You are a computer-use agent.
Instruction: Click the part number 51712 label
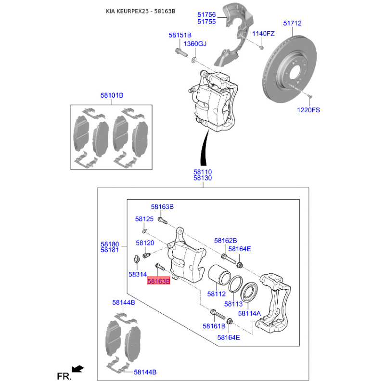click(292, 23)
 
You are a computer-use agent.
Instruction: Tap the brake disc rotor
click(290, 69)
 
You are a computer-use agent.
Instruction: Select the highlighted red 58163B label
click(158, 281)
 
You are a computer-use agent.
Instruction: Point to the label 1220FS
click(308, 110)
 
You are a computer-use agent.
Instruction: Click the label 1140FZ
click(263, 33)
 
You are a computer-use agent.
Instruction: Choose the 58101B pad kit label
click(112, 95)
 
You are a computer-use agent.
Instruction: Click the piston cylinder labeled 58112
click(219, 274)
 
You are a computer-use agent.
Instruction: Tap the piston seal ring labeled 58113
click(235, 284)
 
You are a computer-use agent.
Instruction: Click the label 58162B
click(225, 241)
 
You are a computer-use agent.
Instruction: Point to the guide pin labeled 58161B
click(218, 314)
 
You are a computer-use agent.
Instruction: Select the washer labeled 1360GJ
click(194, 60)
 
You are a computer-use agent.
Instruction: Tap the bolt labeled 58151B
click(181, 52)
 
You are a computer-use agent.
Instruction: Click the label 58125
click(144, 219)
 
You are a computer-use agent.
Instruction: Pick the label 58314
click(138, 274)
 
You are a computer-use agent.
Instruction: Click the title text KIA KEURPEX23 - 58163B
click(141, 11)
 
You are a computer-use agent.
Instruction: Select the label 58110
click(202, 172)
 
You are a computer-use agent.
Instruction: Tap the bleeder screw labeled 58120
click(146, 256)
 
